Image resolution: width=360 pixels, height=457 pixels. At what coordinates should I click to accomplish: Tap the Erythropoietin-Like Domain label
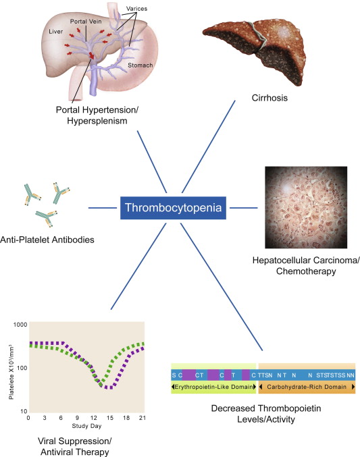click(213, 388)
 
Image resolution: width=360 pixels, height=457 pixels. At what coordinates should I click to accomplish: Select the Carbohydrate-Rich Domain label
click(307, 388)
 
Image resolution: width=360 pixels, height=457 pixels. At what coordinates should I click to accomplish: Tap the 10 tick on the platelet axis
click(22, 410)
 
